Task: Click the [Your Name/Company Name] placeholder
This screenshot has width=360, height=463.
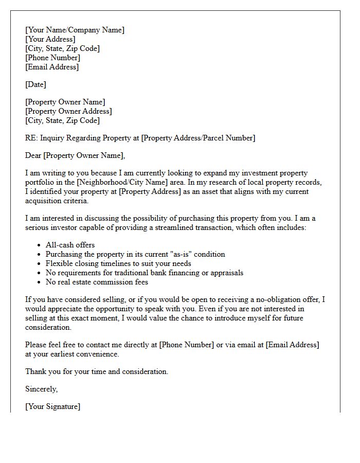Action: pyautogui.click(x=75, y=30)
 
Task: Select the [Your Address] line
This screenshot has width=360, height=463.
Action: pyautogui.click(x=50, y=39)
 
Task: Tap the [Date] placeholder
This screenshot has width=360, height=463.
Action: pyautogui.click(x=36, y=84)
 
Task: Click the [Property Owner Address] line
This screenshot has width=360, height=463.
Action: pyautogui.click(x=68, y=111)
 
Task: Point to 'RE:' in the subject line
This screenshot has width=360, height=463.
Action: pyautogui.click(x=31, y=138)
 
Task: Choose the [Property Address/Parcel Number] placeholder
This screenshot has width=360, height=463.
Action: pyautogui.click(x=198, y=138)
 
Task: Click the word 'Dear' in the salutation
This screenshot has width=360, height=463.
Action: pyautogui.click(x=33, y=155)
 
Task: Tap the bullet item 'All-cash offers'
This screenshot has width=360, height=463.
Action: pyautogui.click(x=70, y=245)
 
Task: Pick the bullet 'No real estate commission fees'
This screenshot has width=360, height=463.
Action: pyautogui.click(x=97, y=282)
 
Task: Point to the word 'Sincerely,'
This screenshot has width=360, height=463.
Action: pyautogui.click(x=42, y=389)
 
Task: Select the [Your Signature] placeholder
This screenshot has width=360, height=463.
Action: pyautogui.click(x=52, y=406)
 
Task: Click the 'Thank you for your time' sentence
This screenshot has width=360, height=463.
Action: pyautogui.click(x=97, y=371)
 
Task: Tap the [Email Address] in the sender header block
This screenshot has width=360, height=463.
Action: pyautogui.click(x=52, y=67)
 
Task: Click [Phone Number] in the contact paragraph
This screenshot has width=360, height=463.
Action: pyautogui.click(x=187, y=345)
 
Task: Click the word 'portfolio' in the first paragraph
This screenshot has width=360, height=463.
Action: pyautogui.click(x=41, y=182)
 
